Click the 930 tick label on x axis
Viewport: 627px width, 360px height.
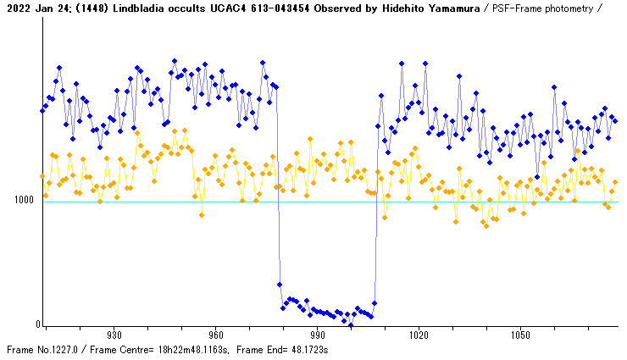point(114,335)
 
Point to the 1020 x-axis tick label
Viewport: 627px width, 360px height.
point(419,335)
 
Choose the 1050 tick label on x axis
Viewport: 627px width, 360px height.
point(519,335)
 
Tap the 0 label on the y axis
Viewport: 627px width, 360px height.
point(36,324)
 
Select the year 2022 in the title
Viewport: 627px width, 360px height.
point(17,8)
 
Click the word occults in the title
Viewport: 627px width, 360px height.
point(194,8)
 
